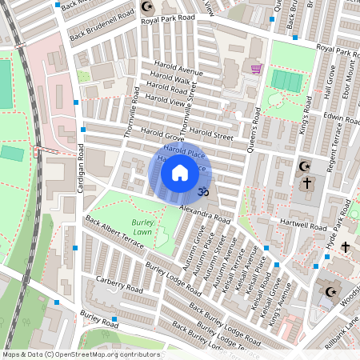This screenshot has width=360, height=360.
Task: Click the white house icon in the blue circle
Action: coord(180,172)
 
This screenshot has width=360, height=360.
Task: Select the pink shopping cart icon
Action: coord(256,69)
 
